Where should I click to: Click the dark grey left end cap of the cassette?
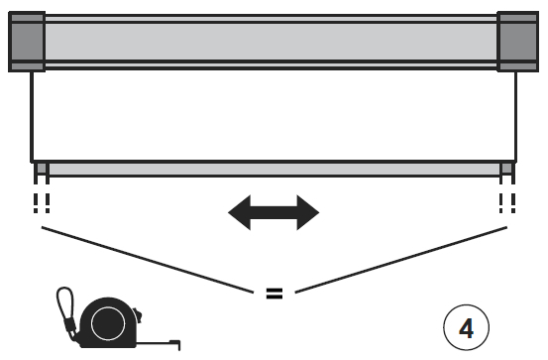click(x=27, y=41)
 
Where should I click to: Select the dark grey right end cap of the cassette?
click(x=516, y=41)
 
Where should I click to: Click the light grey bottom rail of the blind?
click(x=273, y=169)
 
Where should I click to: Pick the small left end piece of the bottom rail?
click(x=41, y=169)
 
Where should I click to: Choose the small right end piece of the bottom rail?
click(x=506, y=169)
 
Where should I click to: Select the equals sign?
click(x=274, y=294)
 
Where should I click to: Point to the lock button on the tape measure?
click(x=135, y=315)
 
